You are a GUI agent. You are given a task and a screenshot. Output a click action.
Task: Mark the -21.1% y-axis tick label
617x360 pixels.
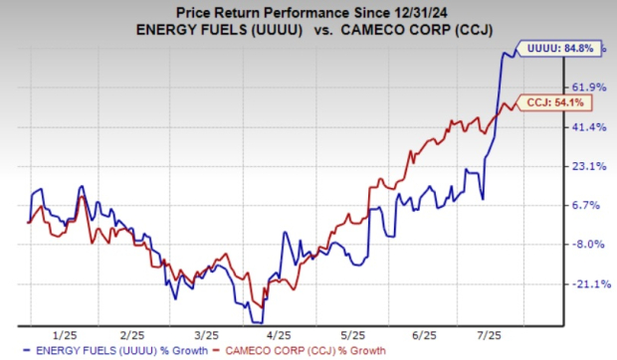pos(586,283)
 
